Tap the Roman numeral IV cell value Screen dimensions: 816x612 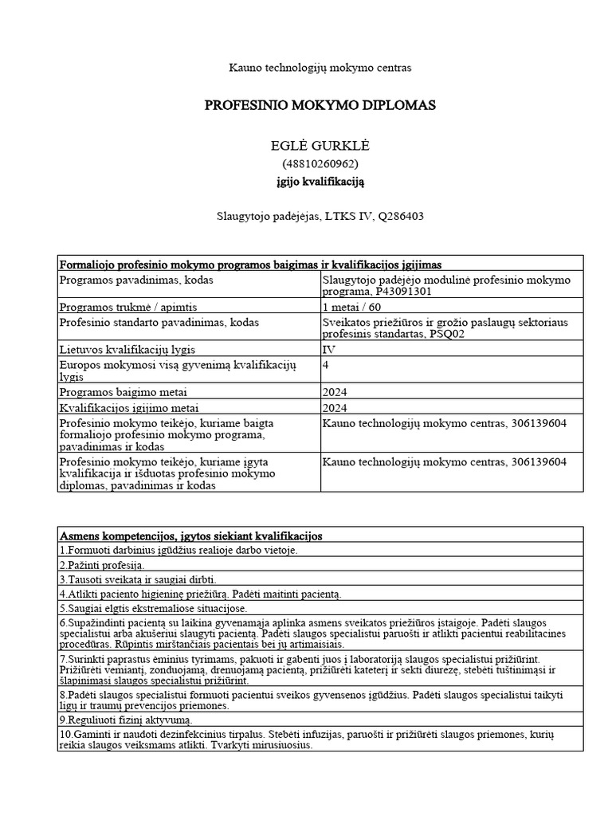(328, 350)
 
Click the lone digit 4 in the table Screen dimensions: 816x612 (325, 364)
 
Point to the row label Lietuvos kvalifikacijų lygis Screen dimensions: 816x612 (127, 350)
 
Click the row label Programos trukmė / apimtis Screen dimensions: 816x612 (128, 307)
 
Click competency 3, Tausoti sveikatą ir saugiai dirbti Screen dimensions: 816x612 (137, 579)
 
